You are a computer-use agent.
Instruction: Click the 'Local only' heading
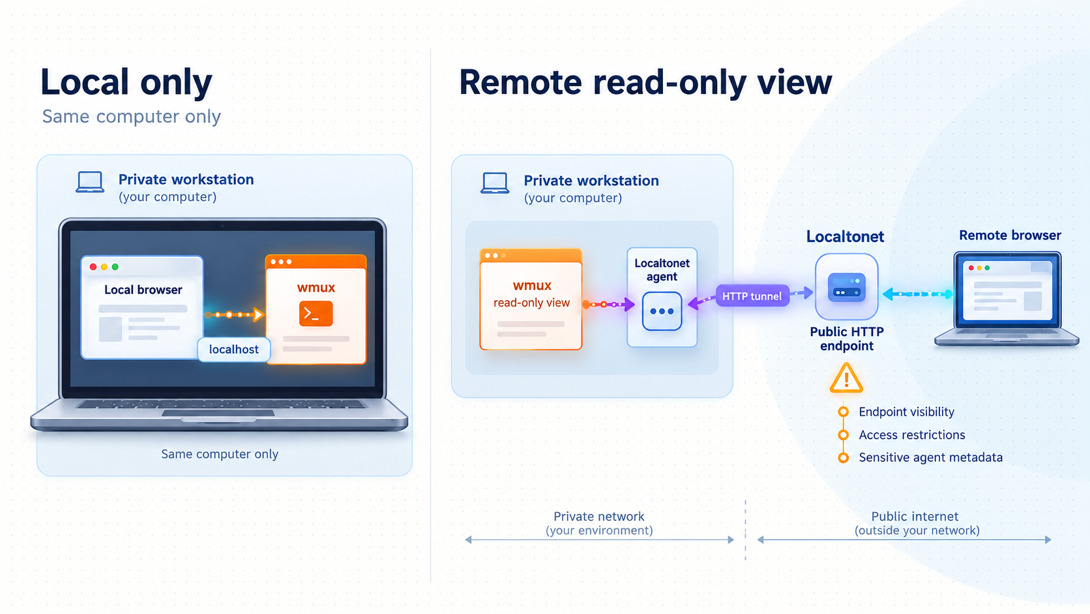pos(126,82)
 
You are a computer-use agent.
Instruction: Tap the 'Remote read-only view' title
pos(645,82)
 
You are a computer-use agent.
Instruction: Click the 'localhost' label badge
pos(233,349)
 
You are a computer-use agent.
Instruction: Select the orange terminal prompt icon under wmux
pos(316,314)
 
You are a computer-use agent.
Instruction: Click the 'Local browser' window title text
pos(143,290)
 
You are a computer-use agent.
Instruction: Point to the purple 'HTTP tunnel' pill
pos(752,296)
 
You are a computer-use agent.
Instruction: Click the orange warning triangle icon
pos(846,378)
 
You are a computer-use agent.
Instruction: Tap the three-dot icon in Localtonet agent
pos(662,311)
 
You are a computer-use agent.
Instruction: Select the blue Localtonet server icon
pos(847,287)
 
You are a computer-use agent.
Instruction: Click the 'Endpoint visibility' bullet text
pos(906,412)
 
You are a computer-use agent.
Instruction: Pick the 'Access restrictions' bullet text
pos(912,435)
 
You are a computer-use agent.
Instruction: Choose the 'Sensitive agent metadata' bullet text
pos(930,457)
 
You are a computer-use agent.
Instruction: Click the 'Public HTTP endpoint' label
pos(847,339)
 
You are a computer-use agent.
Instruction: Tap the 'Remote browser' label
pos(1010,235)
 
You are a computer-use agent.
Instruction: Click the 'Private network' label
pos(598,516)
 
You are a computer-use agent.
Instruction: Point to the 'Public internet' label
pos(915,516)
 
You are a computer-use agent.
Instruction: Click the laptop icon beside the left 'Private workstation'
pos(90,182)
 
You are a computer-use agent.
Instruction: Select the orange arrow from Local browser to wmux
pos(234,315)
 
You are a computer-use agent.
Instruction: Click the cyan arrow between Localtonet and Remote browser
pos(918,294)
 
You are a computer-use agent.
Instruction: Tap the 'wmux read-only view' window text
pos(531,294)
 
